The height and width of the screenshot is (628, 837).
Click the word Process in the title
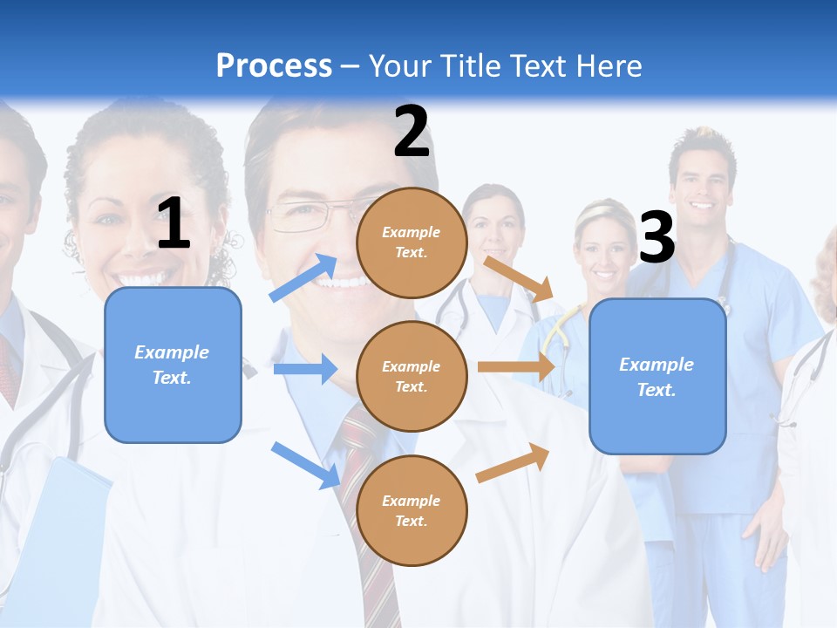click(x=274, y=65)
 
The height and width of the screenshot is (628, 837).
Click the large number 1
click(x=174, y=224)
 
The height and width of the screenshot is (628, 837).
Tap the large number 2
click(x=412, y=132)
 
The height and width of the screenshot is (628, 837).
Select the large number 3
click(x=657, y=238)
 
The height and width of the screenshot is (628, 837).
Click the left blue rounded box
click(x=173, y=365)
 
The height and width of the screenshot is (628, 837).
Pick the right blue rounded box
click(x=657, y=376)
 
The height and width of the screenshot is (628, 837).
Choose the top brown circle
click(x=412, y=242)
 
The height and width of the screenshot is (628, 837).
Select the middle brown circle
click(x=412, y=376)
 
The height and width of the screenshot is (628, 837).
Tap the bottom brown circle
click(x=412, y=510)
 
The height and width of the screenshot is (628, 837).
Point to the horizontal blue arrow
click(x=305, y=370)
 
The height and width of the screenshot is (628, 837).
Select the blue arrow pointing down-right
click(x=305, y=464)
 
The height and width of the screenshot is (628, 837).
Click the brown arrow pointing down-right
click(x=519, y=278)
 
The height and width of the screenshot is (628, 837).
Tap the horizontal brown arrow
click(x=516, y=367)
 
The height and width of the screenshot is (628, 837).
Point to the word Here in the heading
click(x=609, y=65)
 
